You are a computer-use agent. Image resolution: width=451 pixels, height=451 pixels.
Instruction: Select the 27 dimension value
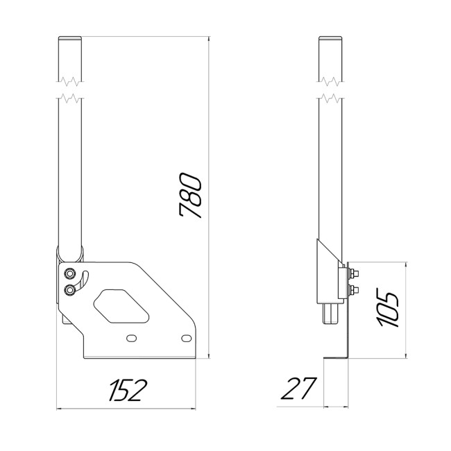point(297,389)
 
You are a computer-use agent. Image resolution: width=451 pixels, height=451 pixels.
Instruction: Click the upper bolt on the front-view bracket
point(69,272)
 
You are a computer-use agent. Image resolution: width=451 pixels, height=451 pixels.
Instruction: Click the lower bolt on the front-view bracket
point(69,289)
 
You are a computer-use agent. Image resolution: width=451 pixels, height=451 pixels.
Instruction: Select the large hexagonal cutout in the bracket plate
point(121,305)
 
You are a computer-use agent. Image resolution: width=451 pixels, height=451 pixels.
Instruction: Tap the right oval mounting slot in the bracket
point(185,337)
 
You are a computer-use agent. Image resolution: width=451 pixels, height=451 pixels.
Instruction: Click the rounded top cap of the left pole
point(69,39)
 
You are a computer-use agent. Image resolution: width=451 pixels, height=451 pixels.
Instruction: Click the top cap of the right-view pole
point(331,39)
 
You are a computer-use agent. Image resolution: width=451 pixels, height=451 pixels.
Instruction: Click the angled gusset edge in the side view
point(327,254)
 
